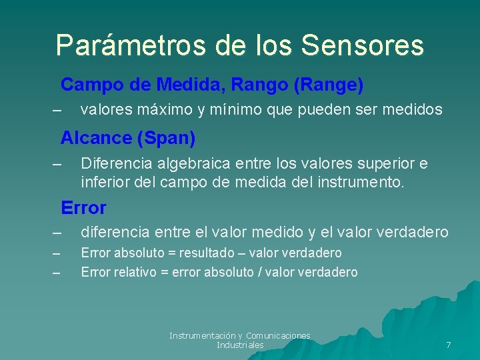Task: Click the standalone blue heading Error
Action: pyautogui.click(x=83, y=208)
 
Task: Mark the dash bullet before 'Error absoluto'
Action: pyautogui.click(x=56, y=253)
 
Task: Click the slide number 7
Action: pyautogui.click(x=448, y=345)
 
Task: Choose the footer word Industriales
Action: pyautogui.click(x=240, y=345)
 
